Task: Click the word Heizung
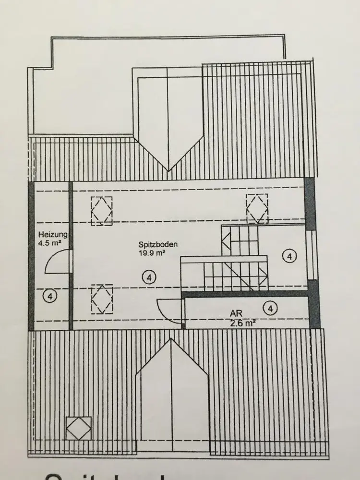[x=53, y=235]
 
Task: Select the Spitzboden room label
[x=158, y=244]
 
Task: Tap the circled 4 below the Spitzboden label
[x=149, y=277]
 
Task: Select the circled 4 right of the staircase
[x=289, y=257]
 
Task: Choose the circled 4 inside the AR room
[x=271, y=308]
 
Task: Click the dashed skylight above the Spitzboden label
[x=102, y=210]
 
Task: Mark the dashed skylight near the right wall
[x=257, y=208]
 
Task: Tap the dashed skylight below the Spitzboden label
[x=101, y=300]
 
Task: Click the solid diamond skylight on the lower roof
[x=78, y=427]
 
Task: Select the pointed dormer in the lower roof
[x=172, y=384]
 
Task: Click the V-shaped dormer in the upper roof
[x=168, y=120]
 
